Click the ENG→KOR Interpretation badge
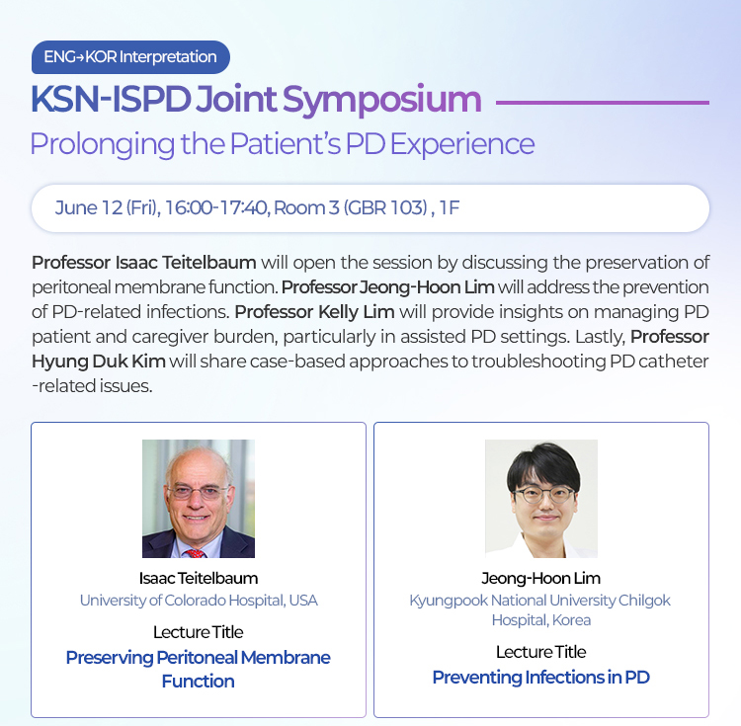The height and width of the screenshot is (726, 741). [130, 57]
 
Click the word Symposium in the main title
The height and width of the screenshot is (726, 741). [381, 101]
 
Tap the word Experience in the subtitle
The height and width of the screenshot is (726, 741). [462, 144]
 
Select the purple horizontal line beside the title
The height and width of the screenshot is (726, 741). [603, 103]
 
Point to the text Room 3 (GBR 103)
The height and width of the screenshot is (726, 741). [351, 207]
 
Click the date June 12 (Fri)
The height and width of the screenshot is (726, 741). [107, 207]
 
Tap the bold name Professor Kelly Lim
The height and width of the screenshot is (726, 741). [315, 312]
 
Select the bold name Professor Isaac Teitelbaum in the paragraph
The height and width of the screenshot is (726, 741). [144, 263]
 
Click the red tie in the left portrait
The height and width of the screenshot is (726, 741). [195, 553]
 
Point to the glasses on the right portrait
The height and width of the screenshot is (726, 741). [543, 495]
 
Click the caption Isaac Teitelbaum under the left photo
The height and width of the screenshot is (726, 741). [199, 578]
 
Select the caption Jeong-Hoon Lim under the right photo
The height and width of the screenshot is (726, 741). [541, 578]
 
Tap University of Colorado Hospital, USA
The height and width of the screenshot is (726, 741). [199, 601]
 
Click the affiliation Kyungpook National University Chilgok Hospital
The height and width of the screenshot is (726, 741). [540, 609]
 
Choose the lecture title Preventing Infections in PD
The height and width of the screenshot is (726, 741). [541, 678]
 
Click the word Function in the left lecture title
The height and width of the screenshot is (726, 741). [198, 682]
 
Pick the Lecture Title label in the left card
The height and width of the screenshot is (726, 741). [199, 632]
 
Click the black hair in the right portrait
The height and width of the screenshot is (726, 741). [543, 463]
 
